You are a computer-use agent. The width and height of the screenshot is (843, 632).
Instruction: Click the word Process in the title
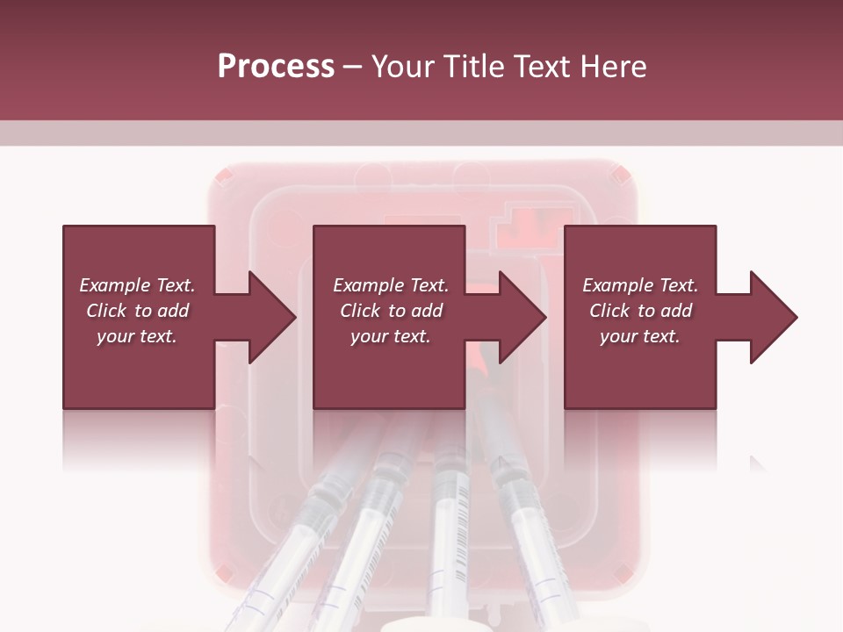pos(276,66)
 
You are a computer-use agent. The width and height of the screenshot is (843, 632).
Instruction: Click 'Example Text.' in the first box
pos(137,285)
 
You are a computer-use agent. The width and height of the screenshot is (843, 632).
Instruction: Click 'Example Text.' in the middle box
pos(391,285)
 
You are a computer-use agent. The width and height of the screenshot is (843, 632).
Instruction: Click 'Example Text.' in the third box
pos(640,285)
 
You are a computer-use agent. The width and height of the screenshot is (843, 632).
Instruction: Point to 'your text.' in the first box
pos(137,336)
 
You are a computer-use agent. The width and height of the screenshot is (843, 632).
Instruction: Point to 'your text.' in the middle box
pos(391,336)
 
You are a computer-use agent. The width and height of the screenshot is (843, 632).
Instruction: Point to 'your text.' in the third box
pos(640,336)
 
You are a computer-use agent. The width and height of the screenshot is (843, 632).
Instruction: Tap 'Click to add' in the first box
pos(137,311)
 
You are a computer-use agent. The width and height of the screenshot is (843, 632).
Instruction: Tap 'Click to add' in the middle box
pos(391,311)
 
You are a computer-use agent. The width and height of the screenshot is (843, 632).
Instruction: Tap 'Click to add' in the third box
pos(640,311)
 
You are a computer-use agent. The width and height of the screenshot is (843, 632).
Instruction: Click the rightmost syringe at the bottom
pos(536,544)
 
